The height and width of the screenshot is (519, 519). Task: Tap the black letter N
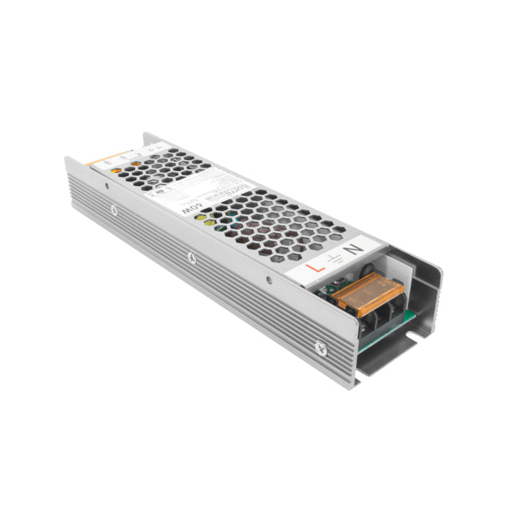[x=353, y=249]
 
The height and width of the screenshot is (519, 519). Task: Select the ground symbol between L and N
[x=332, y=259]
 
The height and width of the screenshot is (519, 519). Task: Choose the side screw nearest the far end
[x=113, y=210]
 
